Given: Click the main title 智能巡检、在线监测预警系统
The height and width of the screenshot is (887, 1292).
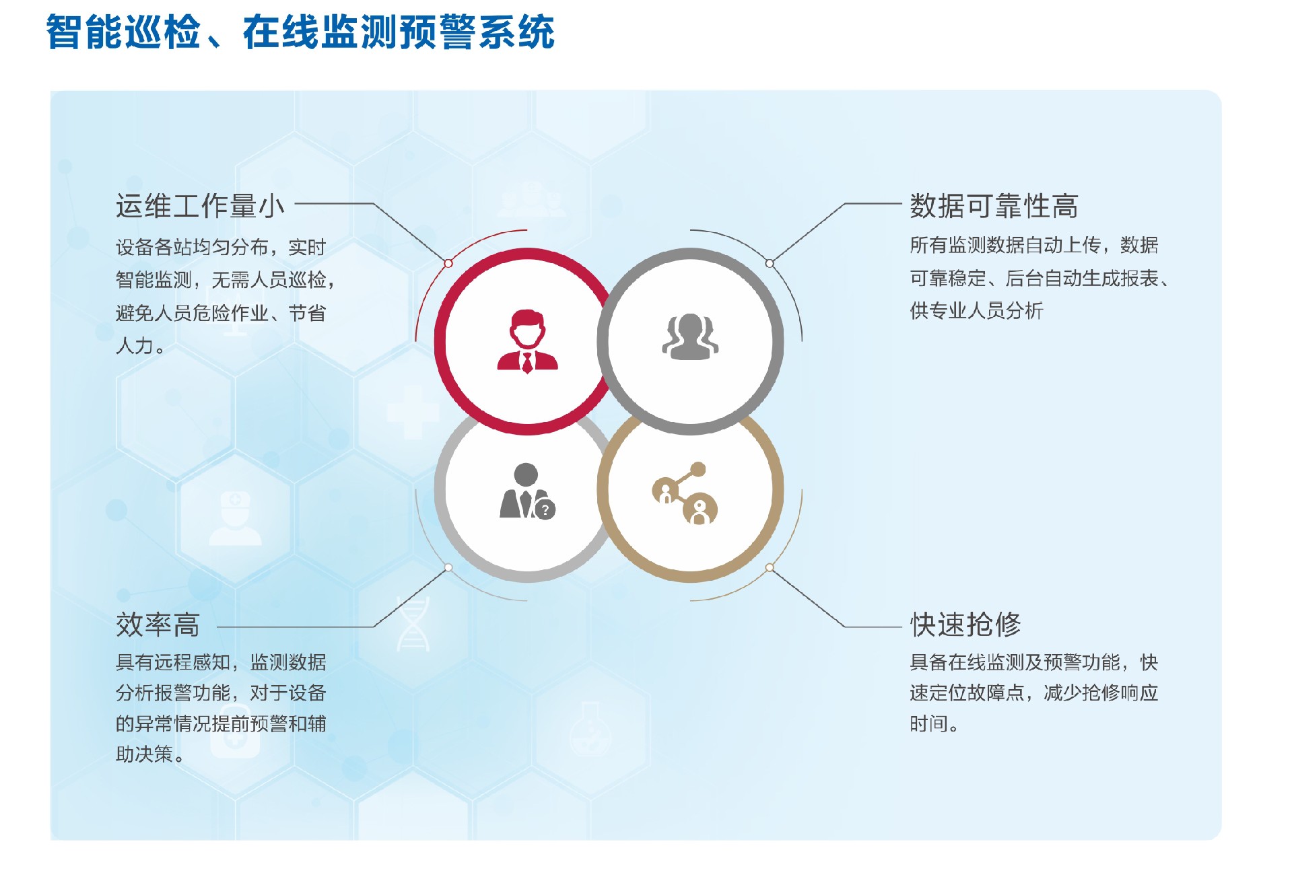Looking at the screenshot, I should (300, 32).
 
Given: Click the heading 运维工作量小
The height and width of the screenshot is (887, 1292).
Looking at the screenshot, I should (200, 206).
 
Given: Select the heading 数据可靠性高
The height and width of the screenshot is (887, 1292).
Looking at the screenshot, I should (994, 206).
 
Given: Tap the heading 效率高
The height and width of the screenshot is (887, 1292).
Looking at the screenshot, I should (158, 625).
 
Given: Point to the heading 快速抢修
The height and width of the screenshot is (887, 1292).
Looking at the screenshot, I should (965, 625).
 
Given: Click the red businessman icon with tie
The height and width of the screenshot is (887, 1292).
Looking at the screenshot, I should (527, 341).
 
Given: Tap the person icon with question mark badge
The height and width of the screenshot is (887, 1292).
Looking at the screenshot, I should (526, 491).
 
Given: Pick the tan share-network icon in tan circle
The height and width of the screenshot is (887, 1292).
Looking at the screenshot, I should (685, 493).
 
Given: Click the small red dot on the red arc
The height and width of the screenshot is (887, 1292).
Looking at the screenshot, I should (448, 263).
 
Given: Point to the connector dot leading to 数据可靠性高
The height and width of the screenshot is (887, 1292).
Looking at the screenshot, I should (770, 263).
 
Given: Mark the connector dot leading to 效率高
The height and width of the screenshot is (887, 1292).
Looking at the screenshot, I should (448, 568).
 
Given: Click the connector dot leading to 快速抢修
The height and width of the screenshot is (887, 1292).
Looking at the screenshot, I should (770, 568).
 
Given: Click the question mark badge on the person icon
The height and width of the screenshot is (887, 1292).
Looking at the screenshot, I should (545, 509).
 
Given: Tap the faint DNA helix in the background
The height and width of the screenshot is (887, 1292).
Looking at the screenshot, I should (413, 624).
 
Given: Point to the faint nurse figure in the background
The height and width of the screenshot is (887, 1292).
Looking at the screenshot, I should (235, 518).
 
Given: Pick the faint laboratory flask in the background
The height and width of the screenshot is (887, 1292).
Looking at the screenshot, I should (590, 730).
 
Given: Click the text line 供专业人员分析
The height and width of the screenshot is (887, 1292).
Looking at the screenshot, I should (976, 311).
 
